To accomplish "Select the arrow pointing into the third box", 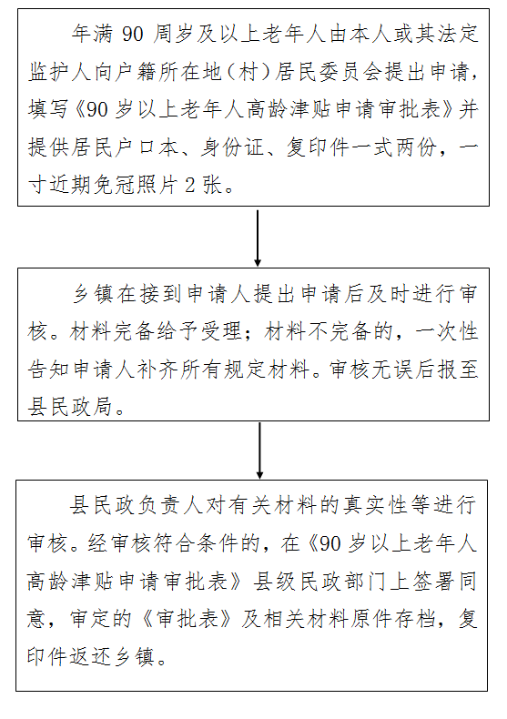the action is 259,450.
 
